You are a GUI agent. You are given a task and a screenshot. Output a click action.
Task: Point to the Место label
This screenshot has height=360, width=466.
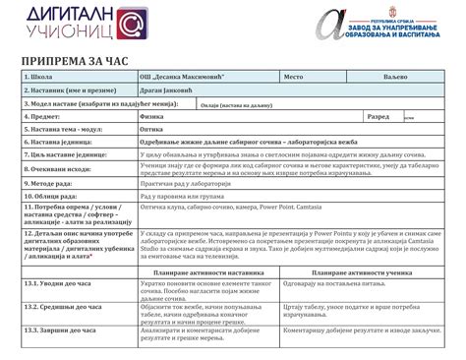295,75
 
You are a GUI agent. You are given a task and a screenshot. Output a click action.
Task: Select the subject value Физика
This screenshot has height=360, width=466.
156,116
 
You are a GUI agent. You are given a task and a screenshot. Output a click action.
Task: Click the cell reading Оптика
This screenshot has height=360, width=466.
156,129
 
